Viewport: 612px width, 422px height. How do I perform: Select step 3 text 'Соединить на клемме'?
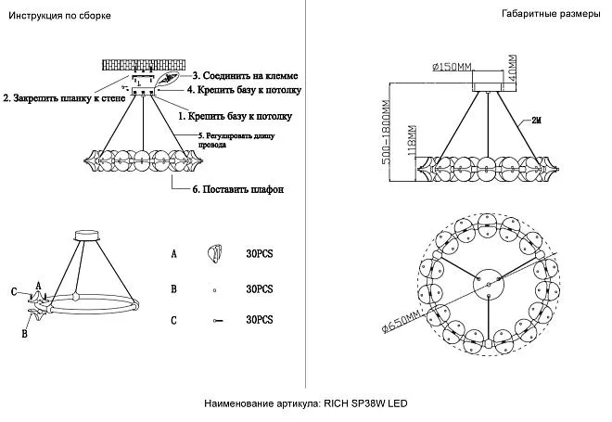(x=245, y=75)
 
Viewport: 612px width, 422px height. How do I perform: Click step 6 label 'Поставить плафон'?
(x=237, y=189)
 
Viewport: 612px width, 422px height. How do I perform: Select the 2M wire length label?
(x=537, y=121)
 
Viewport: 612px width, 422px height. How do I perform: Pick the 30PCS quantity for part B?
(x=259, y=289)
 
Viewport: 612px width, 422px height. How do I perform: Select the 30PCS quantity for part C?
(x=259, y=320)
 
